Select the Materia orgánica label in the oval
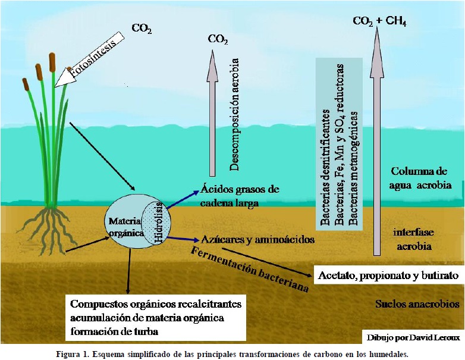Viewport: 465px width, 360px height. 125,227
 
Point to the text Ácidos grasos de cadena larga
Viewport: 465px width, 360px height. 240,195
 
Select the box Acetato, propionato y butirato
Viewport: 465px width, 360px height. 388,276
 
